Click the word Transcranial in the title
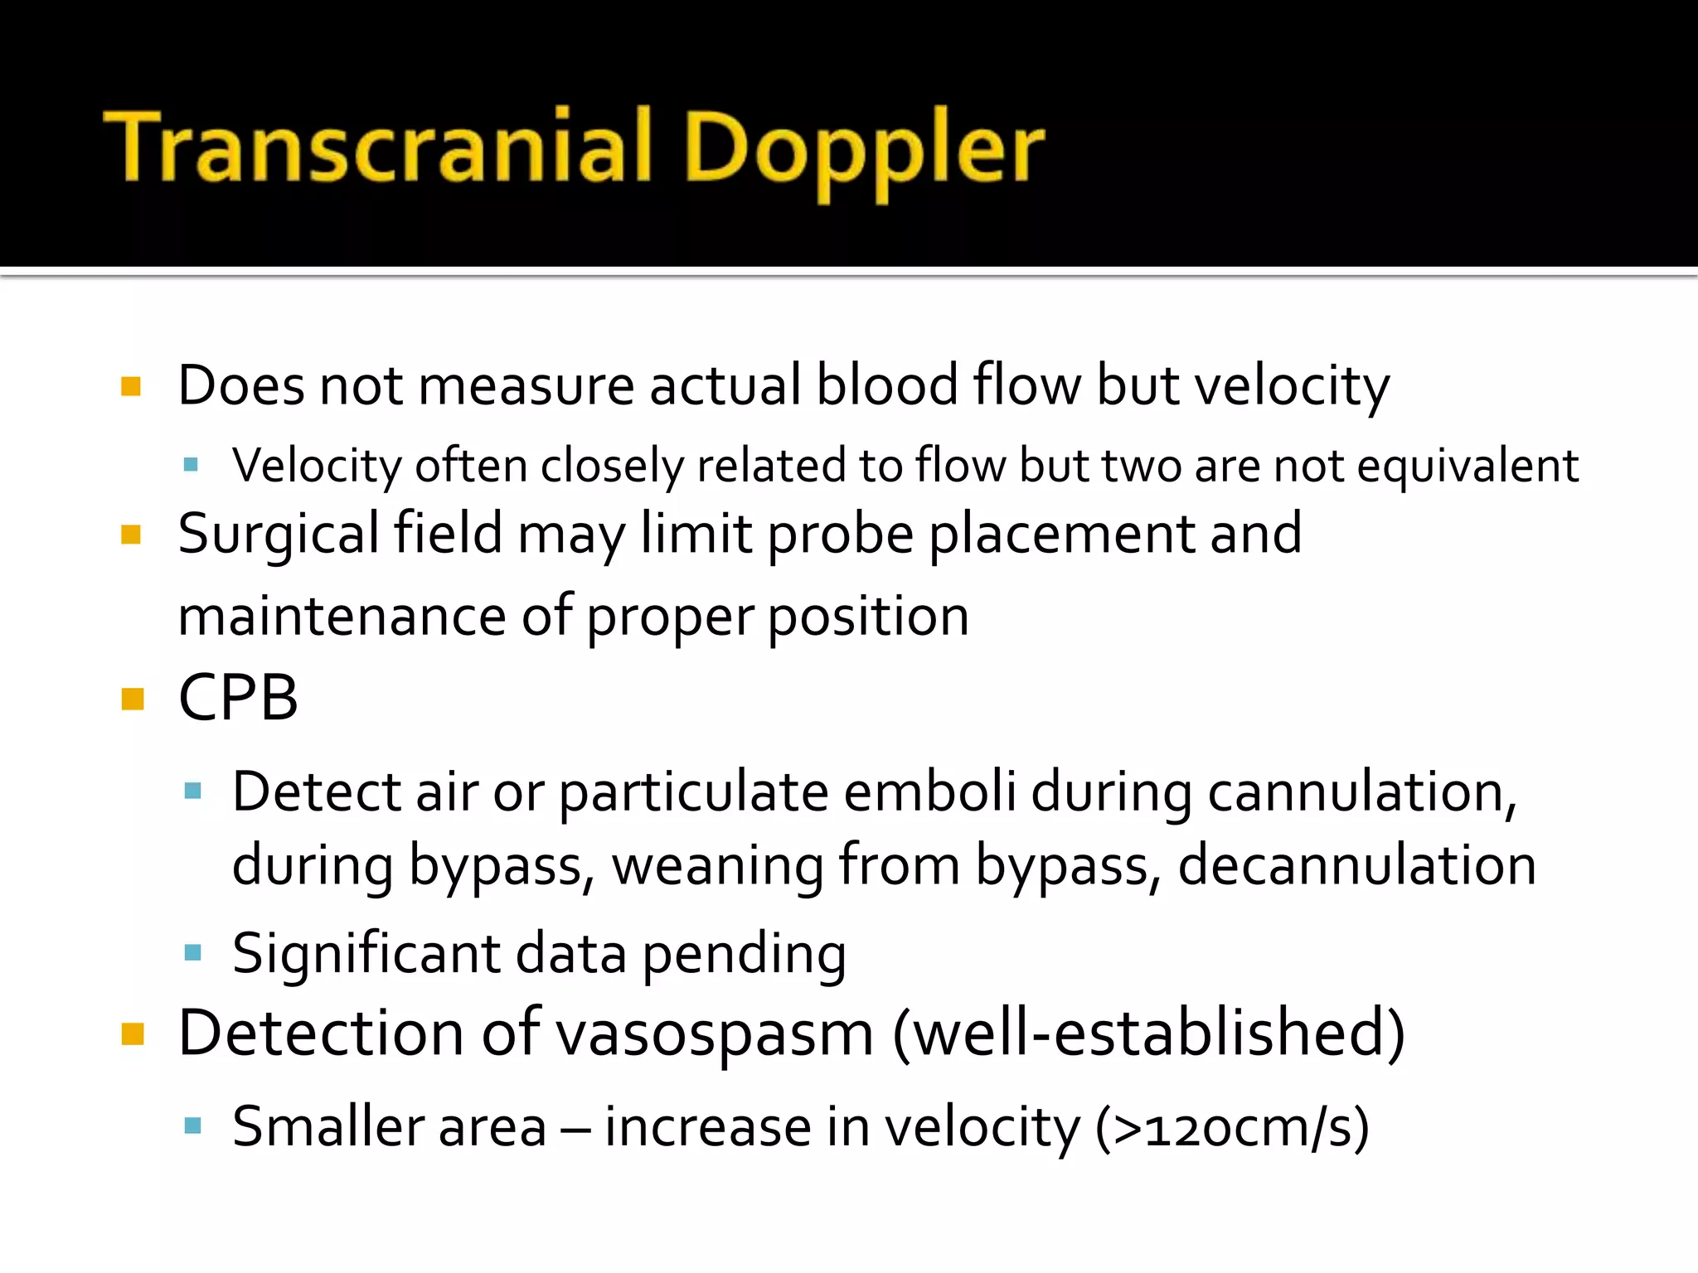pos(378,148)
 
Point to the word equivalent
pos(1468,466)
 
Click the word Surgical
pos(279,535)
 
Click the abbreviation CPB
pos(238,698)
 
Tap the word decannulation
pos(1357,865)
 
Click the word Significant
pos(366,954)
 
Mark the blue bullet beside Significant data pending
pos(193,952)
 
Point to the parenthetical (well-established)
pos(1147,1033)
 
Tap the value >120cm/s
pos(1232,1128)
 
